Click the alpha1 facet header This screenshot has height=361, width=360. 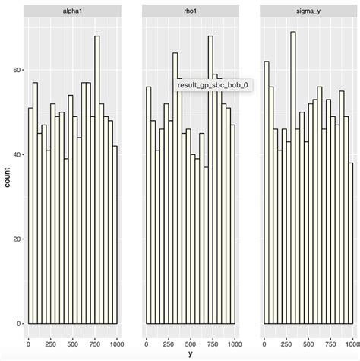(72, 11)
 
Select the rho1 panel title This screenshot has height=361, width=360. (190, 11)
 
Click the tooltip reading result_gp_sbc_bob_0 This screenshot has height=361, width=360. (212, 86)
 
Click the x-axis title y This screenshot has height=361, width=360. (190, 353)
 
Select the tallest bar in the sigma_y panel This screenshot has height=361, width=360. (293, 182)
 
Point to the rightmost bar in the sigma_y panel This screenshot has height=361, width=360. (351, 243)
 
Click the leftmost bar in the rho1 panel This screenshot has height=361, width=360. (149, 205)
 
